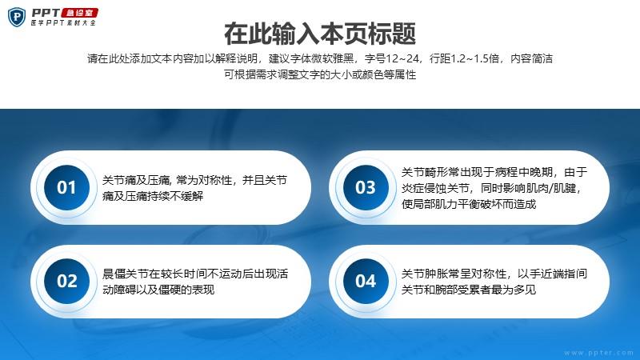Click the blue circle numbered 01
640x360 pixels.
[x=66, y=187]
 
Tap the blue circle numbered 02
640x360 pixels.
[x=66, y=281]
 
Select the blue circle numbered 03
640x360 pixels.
[x=366, y=187]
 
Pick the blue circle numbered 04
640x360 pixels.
[x=366, y=281]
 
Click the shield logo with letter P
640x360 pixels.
[x=17, y=17]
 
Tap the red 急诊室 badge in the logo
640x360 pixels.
[x=79, y=13]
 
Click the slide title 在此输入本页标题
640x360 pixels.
[x=320, y=34]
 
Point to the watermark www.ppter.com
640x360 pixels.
[x=598, y=353]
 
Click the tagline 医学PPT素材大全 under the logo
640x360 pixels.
[x=63, y=23]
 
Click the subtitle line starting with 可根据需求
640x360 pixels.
[x=320, y=74]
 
